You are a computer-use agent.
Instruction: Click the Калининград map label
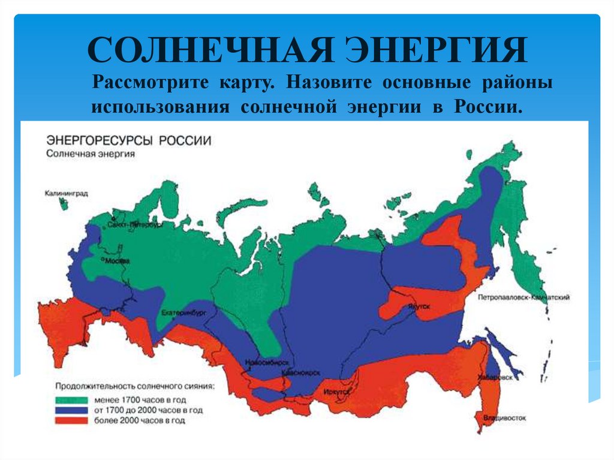tap(66, 193)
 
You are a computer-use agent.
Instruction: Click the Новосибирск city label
tap(267, 363)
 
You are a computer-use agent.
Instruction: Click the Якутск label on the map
tap(420, 306)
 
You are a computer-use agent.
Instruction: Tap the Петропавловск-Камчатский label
tap(523, 297)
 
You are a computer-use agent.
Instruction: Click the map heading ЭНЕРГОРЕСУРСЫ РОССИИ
tap(128, 140)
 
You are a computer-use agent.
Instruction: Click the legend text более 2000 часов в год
tap(139, 421)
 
